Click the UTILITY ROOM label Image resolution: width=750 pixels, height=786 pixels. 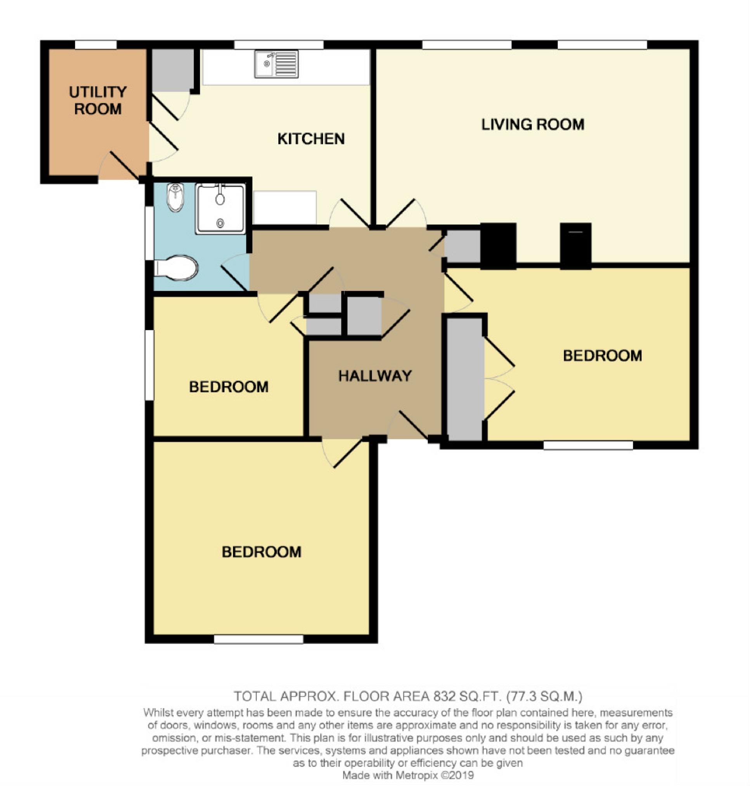coord(98,101)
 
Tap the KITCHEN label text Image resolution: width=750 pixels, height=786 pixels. coord(311,139)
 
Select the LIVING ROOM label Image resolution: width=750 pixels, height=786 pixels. coord(532,124)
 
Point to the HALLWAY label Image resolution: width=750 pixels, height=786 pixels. coord(375,376)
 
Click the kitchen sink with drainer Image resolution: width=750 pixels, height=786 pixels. coord(276,64)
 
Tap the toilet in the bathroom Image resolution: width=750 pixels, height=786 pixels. coord(176,267)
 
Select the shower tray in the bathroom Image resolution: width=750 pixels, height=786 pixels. coord(221,208)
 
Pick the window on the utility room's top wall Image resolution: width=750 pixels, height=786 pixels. coord(96,45)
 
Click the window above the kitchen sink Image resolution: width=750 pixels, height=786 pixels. coord(279,45)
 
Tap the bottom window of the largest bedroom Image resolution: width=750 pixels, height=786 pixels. coord(259,639)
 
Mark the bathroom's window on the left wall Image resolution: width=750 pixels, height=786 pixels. coord(149,233)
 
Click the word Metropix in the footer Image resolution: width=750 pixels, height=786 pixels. coord(417,775)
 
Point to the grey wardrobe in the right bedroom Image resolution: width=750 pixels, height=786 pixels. coord(464,379)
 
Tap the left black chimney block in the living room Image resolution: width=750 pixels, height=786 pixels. coord(498,245)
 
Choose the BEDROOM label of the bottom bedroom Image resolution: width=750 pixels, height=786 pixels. coord(262,552)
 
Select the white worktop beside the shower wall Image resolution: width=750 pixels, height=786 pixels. coord(285,208)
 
